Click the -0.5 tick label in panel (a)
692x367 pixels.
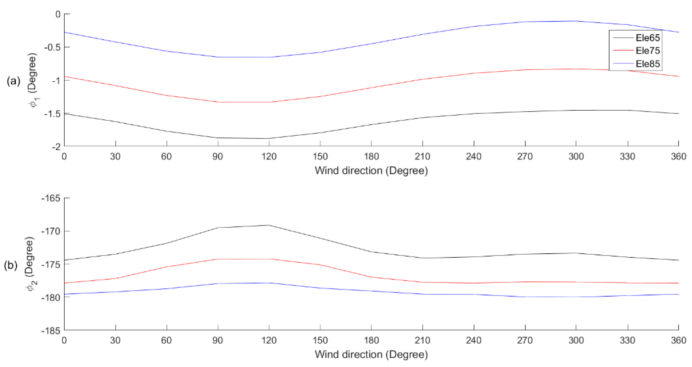pyautogui.click(x=53, y=47)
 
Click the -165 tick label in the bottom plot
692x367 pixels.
pyautogui.click(x=51, y=198)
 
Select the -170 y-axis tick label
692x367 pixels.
pyautogui.click(x=51, y=231)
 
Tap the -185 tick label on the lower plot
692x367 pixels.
pyautogui.click(x=51, y=331)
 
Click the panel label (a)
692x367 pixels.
pyautogui.click(x=13, y=81)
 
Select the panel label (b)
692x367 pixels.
pyautogui.click(x=11, y=265)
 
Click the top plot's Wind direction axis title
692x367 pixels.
pyautogui.click(x=371, y=171)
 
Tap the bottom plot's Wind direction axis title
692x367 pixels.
pyautogui.click(x=371, y=354)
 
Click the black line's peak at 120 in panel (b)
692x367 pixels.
pyautogui.click(x=269, y=225)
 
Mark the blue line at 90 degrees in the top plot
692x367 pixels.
pyautogui.click(x=218, y=57)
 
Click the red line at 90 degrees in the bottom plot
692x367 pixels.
pyautogui.click(x=218, y=259)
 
